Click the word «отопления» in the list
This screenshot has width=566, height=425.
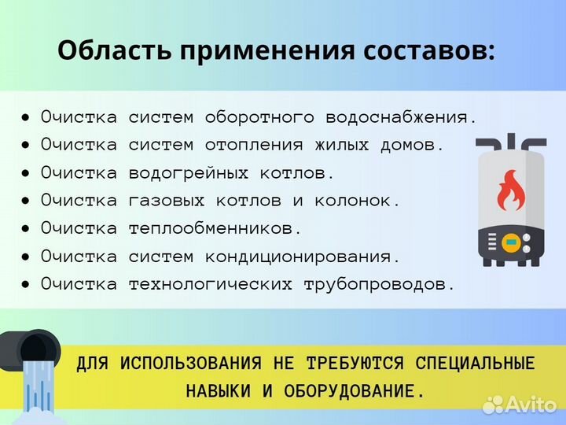254,145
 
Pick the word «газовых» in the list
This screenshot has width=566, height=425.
161,201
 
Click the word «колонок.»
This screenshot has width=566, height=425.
358,201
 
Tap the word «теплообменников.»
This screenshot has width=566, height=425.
215,228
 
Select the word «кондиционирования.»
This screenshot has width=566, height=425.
303,257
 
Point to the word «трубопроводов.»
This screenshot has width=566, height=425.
380,284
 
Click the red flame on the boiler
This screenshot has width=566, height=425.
510,192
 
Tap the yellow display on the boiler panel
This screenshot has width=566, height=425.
511,241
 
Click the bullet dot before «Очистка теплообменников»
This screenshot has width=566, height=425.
26,228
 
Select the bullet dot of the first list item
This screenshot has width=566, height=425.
26,117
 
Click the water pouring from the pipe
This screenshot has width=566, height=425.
36,386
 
